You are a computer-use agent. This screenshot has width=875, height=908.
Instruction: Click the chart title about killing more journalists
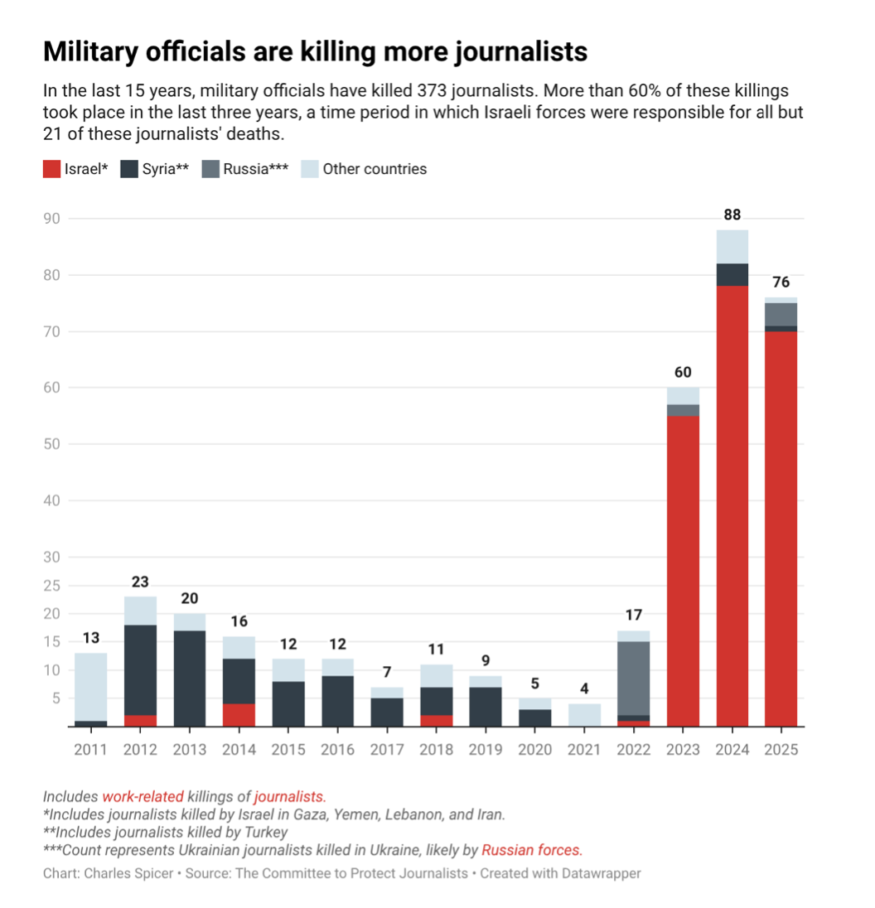pyautogui.click(x=315, y=51)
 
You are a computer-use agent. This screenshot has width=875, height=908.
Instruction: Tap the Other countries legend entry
pyautogui.click(x=364, y=169)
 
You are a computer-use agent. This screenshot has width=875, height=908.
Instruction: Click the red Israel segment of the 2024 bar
pyautogui.click(x=732, y=505)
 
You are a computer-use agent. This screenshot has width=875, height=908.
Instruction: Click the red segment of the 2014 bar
pyautogui.click(x=239, y=715)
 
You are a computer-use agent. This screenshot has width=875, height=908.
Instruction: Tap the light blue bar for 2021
pyautogui.click(x=584, y=715)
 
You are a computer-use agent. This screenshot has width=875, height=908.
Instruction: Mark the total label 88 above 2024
pyautogui.click(x=732, y=215)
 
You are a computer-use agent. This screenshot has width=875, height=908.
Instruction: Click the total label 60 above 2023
pyautogui.click(x=683, y=373)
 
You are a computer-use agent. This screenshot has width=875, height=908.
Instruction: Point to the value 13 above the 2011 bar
pyautogui.click(x=91, y=638)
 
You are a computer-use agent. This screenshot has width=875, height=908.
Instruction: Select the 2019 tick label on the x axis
pyautogui.click(x=486, y=750)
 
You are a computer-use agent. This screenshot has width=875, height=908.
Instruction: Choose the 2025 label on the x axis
pyautogui.click(x=781, y=750)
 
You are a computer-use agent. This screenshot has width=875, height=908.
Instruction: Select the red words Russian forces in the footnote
pyautogui.click(x=532, y=849)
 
